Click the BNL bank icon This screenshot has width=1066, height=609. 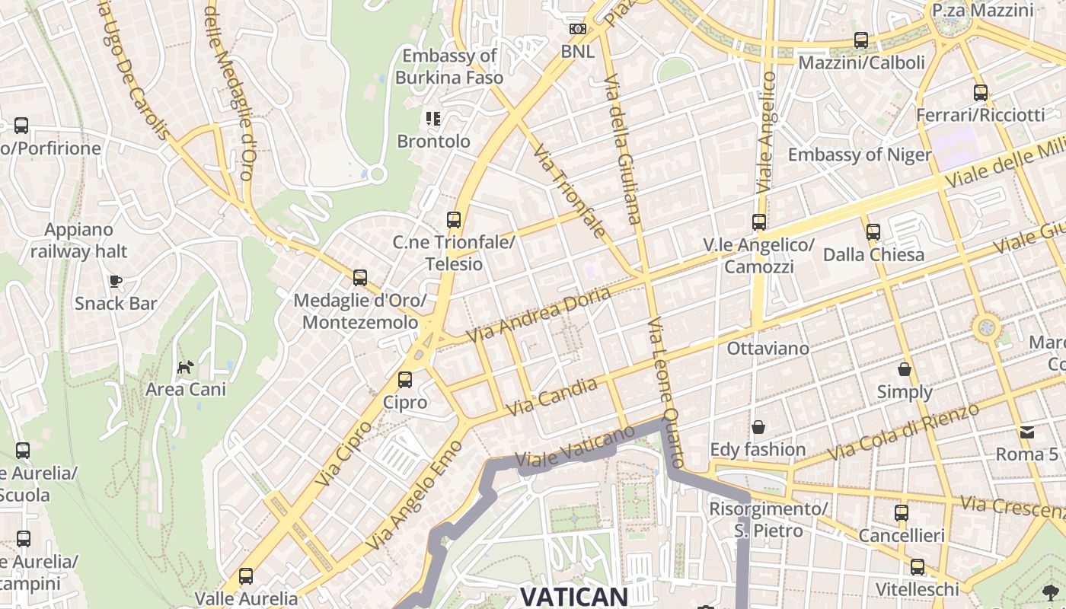coord(577,29)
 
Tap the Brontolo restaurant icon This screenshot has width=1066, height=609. coord(433,118)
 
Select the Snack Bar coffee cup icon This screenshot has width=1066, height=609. coord(116,281)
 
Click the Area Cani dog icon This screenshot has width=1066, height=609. coord(186,367)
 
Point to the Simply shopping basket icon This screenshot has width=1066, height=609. coord(905,369)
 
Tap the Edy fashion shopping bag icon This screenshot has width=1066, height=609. coord(758,427)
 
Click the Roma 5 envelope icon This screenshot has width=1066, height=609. coord(1027,432)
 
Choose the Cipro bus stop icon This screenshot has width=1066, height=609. coord(405,379)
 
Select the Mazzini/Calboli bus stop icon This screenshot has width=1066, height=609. coord(861,40)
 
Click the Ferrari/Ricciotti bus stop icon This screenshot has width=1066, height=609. coord(981,93)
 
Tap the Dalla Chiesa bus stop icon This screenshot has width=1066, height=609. coord(873,231)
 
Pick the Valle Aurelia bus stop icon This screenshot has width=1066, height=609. coord(245,576)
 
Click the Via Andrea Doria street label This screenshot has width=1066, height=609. coord(538,314)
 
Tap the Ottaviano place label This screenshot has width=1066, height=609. coord(768,349)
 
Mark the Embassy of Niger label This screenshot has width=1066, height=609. coord(860,155)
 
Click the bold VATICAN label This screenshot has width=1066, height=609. coord(573,596)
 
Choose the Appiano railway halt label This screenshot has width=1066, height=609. coord(78,240)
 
